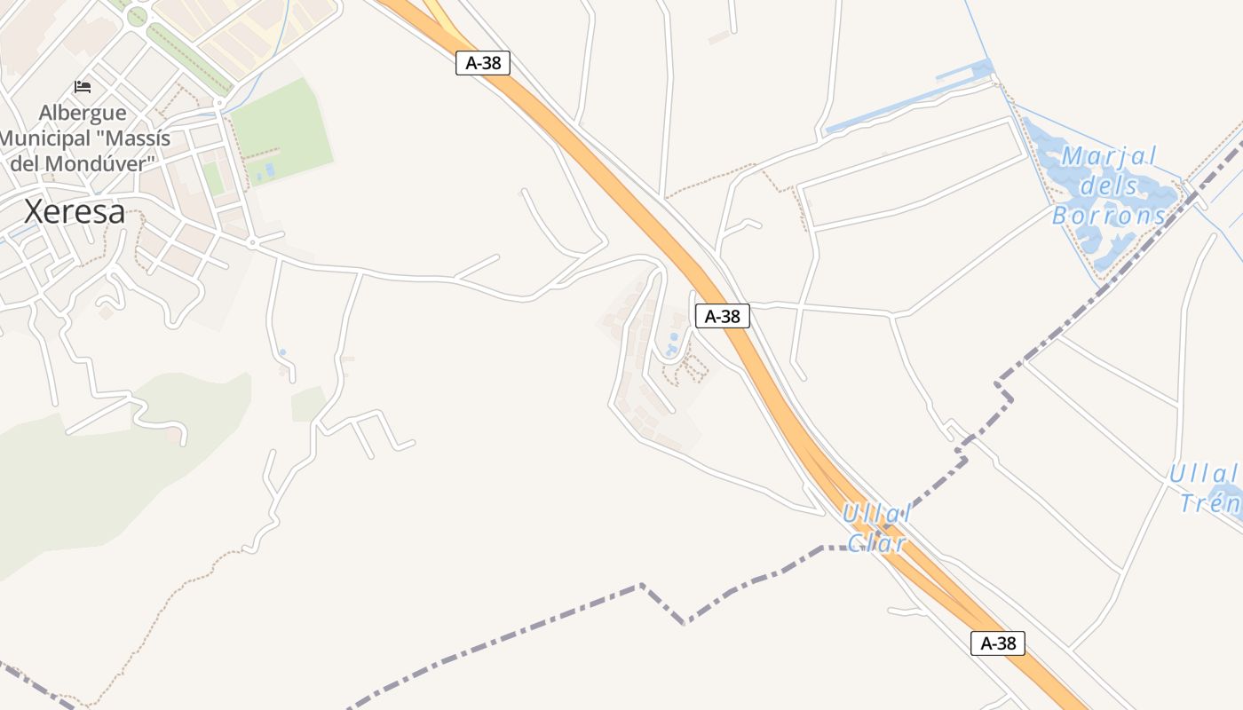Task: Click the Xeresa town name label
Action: tap(75, 211)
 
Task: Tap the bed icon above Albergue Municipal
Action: tap(83, 87)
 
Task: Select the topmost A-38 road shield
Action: tap(483, 63)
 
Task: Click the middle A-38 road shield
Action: tap(722, 316)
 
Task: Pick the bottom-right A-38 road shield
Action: tap(998, 643)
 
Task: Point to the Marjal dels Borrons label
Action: tap(1109, 185)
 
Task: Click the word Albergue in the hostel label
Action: tap(83, 114)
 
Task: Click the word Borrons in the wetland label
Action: tap(1110, 216)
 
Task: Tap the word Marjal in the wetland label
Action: tap(1109, 157)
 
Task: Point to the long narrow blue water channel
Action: tap(906, 99)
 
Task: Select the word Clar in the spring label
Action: tap(876, 543)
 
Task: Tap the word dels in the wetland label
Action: tap(1109, 186)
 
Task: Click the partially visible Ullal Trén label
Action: tap(1207, 489)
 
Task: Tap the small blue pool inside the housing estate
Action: tap(670, 343)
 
